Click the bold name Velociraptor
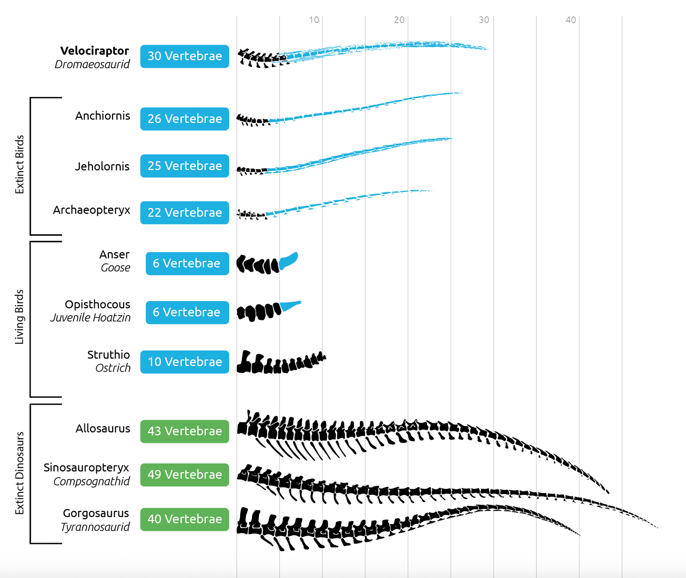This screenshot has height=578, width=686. click(x=94, y=51)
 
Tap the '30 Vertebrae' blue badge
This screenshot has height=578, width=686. click(x=184, y=56)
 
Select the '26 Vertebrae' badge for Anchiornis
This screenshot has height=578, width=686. click(x=184, y=119)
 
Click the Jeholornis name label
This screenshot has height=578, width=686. click(x=102, y=166)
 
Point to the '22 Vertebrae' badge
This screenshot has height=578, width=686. click(x=184, y=213)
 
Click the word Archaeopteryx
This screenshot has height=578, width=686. click(x=91, y=210)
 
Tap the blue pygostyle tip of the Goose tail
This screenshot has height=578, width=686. click(x=289, y=260)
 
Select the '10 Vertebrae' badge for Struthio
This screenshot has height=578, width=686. click(x=184, y=362)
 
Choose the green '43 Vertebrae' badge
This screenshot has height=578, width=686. click(x=184, y=431)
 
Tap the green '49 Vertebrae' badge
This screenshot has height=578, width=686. click(x=184, y=475)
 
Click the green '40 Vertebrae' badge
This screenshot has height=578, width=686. click(x=184, y=519)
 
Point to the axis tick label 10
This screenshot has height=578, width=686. click(x=314, y=20)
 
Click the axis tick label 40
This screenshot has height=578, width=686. click(x=571, y=20)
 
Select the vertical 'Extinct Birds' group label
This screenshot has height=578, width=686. click(x=20, y=165)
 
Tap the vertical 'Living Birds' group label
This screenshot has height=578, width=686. click(x=20, y=317)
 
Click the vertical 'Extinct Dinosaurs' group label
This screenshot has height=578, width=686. click(x=20, y=473)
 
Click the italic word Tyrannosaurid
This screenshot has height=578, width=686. click(x=95, y=527)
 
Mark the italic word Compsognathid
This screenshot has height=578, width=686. click(x=91, y=482)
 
